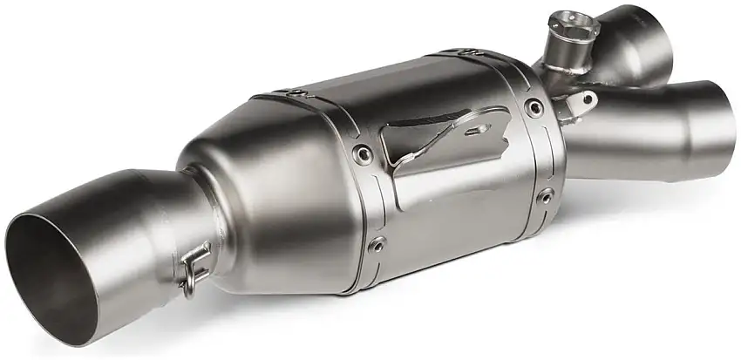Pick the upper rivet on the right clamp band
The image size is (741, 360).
click(534, 108)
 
